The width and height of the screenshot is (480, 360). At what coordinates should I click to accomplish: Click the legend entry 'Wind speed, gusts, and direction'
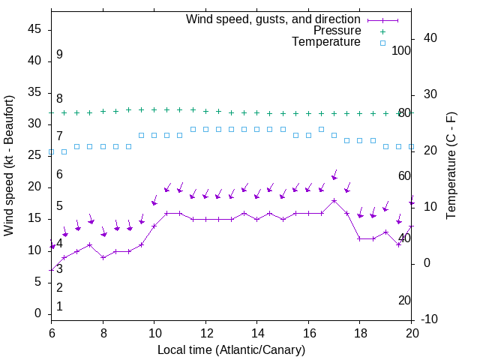pos(274,19)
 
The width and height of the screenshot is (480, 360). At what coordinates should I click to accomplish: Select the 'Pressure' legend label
pos(337,31)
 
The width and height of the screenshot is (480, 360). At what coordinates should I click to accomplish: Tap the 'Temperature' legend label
pos(326,42)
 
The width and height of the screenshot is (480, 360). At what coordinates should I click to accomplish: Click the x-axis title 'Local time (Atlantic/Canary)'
pos(231,350)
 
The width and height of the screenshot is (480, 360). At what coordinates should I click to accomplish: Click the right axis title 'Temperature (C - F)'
pos(451,166)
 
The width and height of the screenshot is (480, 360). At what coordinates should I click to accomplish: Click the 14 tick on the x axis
pos(257,332)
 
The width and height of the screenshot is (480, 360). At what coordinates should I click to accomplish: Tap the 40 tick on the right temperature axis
pos(430,38)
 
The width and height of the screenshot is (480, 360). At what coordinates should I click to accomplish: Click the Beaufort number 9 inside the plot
pos(59,55)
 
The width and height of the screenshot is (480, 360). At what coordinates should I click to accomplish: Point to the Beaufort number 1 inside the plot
pos(59,307)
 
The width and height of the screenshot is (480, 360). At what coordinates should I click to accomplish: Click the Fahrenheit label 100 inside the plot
pos(401,50)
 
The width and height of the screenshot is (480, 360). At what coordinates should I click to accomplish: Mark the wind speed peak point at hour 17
pos(334,200)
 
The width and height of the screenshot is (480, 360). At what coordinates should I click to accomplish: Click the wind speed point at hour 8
pos(103,257)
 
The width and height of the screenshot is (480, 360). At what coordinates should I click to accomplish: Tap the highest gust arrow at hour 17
pos(334,175)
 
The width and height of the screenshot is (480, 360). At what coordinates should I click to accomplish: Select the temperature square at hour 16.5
pos(322,129)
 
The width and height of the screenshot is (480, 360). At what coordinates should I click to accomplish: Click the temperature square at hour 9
pos(128,146)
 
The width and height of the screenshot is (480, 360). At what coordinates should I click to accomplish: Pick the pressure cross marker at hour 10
pos(154,109)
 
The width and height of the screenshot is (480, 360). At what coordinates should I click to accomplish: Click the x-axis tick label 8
pos(103,332)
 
